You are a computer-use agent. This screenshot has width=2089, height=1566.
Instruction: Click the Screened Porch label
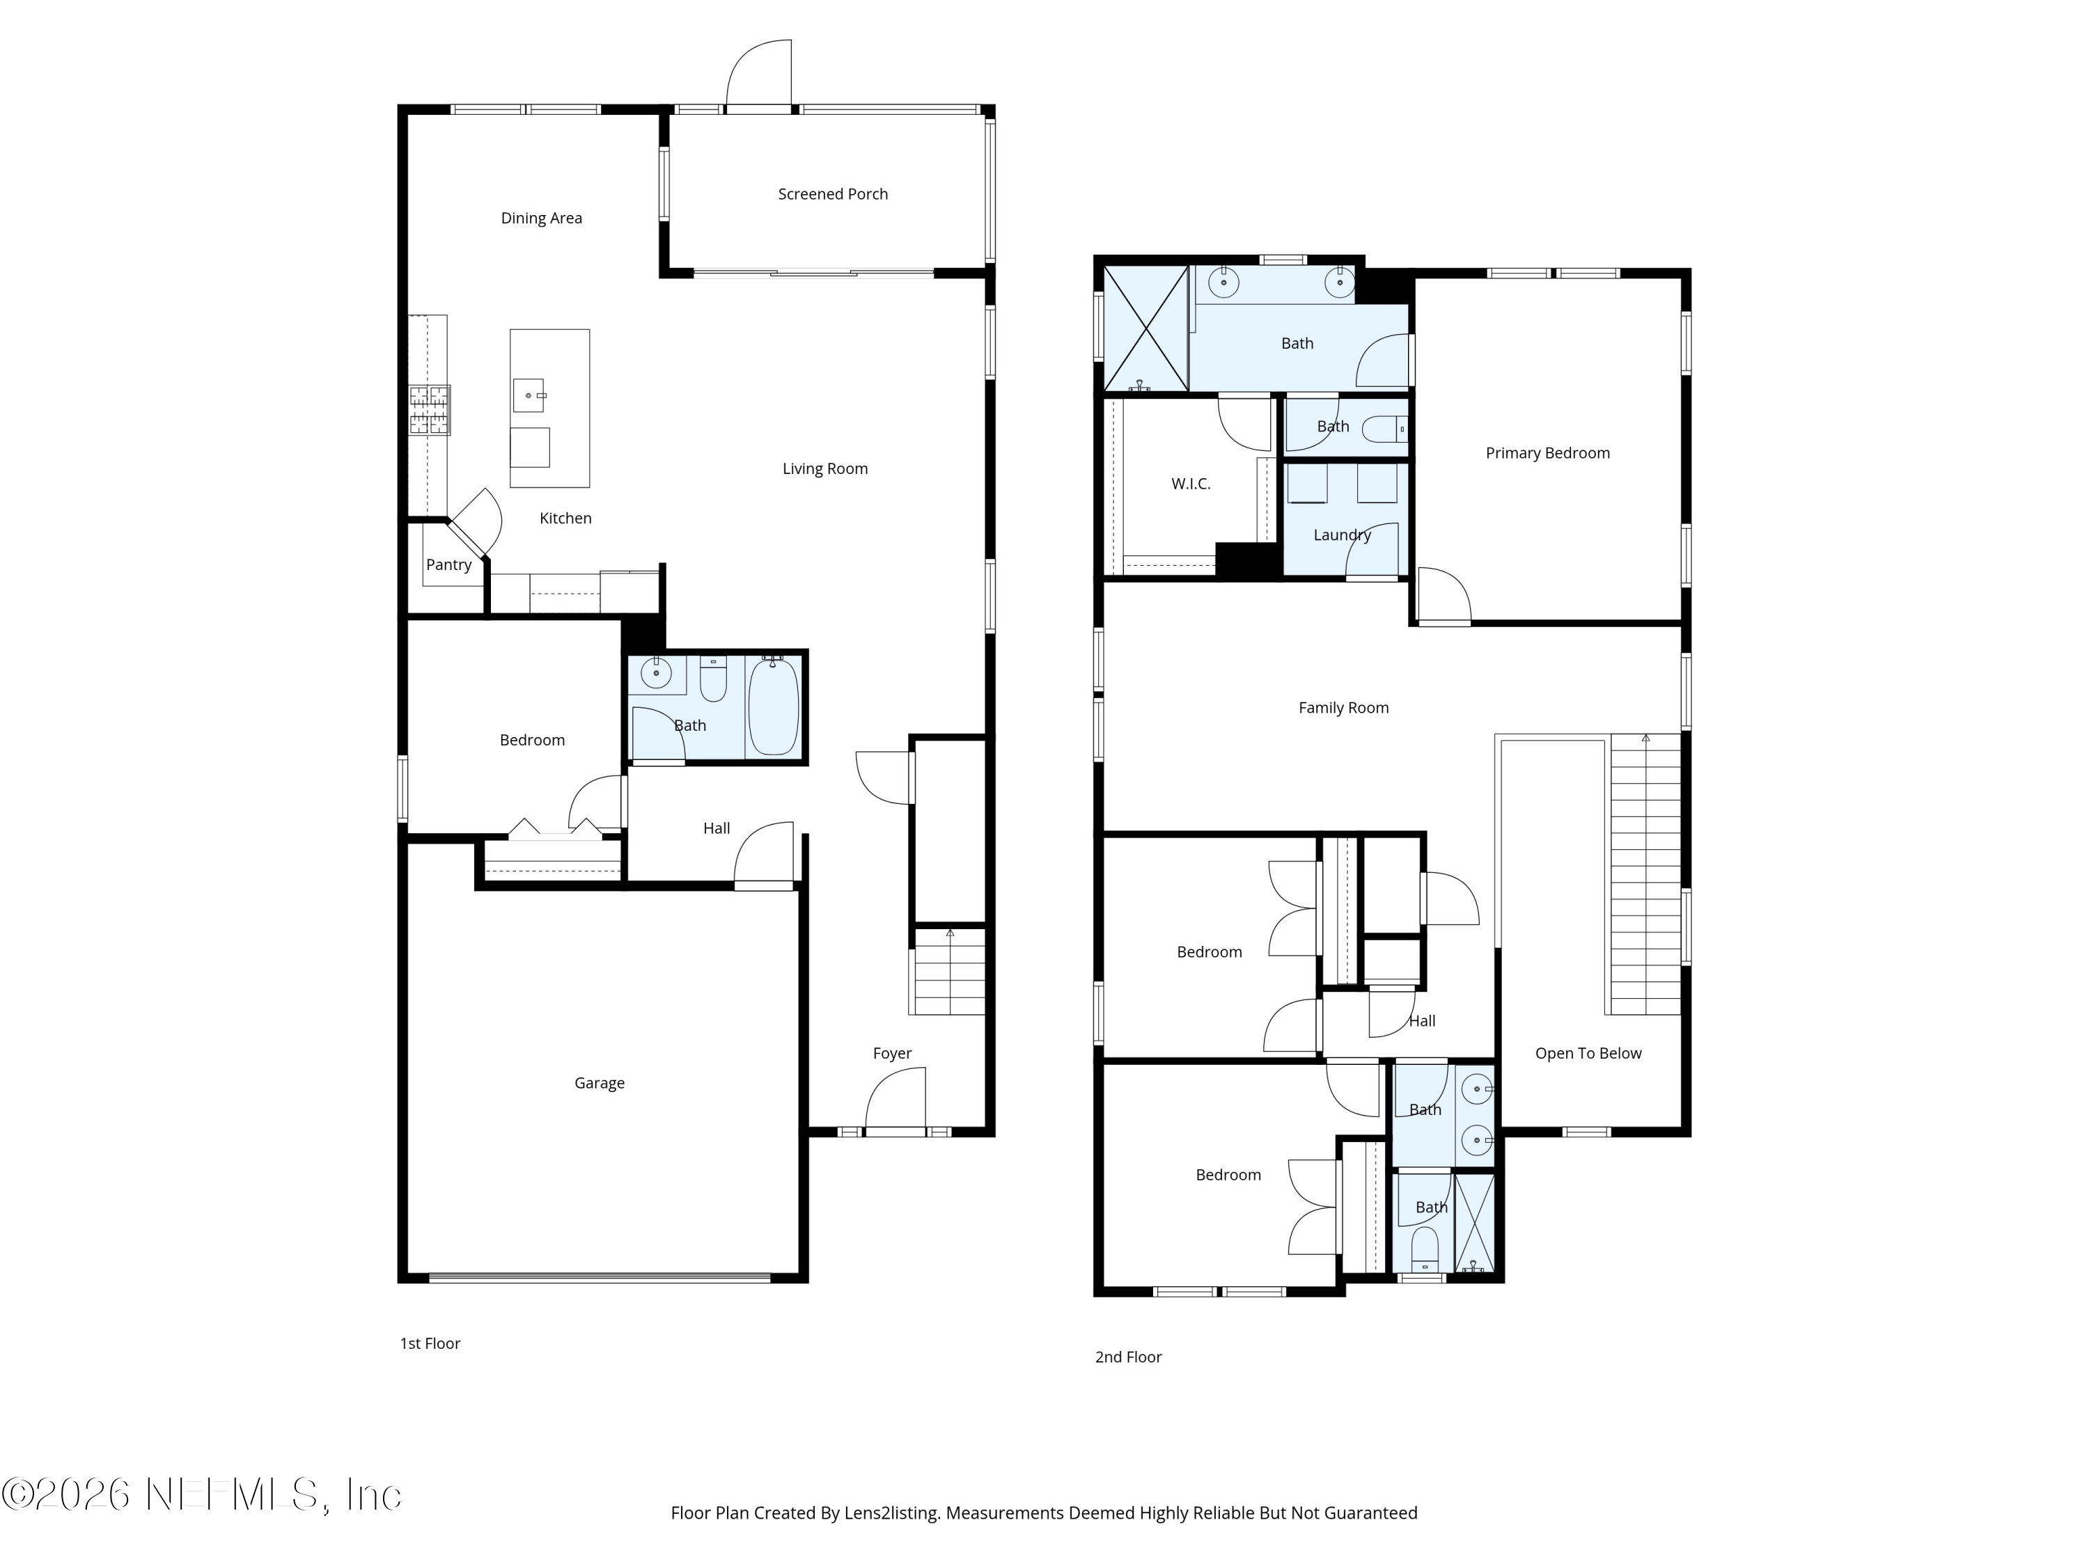point(832,194)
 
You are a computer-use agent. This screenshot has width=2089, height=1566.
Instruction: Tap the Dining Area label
point(541,218)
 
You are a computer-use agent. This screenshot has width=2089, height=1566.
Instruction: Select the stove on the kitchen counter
point(430,410)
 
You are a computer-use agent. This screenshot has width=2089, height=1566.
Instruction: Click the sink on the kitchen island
point(529,395)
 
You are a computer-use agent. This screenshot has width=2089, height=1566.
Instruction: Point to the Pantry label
point(448,564)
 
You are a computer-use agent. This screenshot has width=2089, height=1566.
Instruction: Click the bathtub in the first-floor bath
point(774,706)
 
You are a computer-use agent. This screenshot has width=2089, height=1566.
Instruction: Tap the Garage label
point(599,1083)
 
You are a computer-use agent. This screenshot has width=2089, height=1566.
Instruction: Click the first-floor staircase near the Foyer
point(948,972)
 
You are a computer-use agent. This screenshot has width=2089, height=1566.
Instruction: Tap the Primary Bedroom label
point(1547,453)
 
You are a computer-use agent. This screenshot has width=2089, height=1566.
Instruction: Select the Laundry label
point(1341,535)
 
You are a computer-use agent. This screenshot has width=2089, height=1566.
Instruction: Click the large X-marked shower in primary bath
point(1145,329)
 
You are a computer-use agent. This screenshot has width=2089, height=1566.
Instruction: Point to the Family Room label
point(1343,708)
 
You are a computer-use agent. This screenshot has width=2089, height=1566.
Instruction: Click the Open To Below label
point(1588,1054)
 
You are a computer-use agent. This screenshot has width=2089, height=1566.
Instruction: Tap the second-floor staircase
point(1645,874)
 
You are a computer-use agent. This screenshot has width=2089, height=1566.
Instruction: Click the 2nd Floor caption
point(1127,1357)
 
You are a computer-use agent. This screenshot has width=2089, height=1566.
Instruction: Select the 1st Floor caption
point(430,1343)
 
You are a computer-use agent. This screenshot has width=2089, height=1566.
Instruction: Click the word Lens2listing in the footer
point(891,1513)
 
